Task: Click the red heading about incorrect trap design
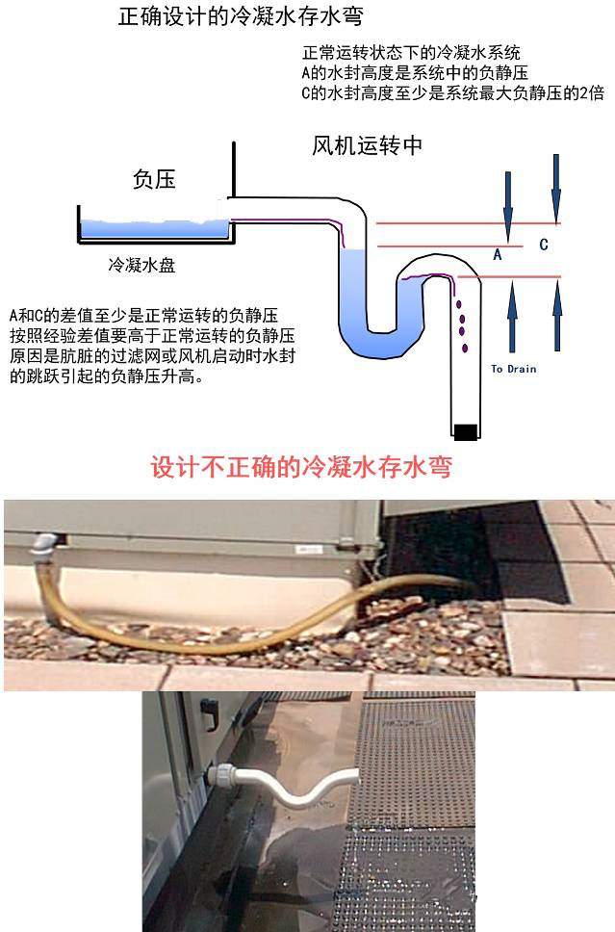click(301, 468)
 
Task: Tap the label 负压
click(154, 179)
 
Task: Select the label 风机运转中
click(369, 146)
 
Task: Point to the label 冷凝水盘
click(141, 265)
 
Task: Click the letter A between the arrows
click(498, 255)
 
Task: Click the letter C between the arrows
click(544, 245)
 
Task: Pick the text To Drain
click(513, 369)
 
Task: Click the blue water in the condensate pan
click(154, 229)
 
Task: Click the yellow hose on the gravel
click(241, 626)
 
